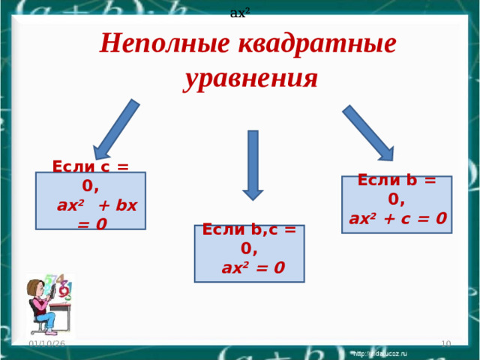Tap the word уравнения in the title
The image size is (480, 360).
tap(250, 78)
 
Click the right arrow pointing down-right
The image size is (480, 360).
tap(367, 133)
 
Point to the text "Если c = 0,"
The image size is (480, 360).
tap(91, 175)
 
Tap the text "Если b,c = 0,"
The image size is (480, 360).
tap(249, 238)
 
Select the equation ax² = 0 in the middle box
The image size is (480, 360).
tap(253, 267)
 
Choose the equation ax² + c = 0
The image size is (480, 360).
tap(398, 219)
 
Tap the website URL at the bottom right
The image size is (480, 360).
tap(380, 352)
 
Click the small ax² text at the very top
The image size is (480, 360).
tap(239, 12)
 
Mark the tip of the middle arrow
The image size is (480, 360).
tap(253, 198)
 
